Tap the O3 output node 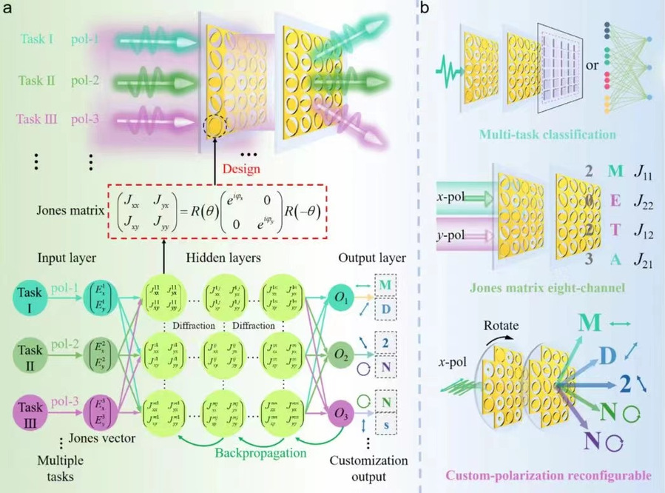tap(341, 412)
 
